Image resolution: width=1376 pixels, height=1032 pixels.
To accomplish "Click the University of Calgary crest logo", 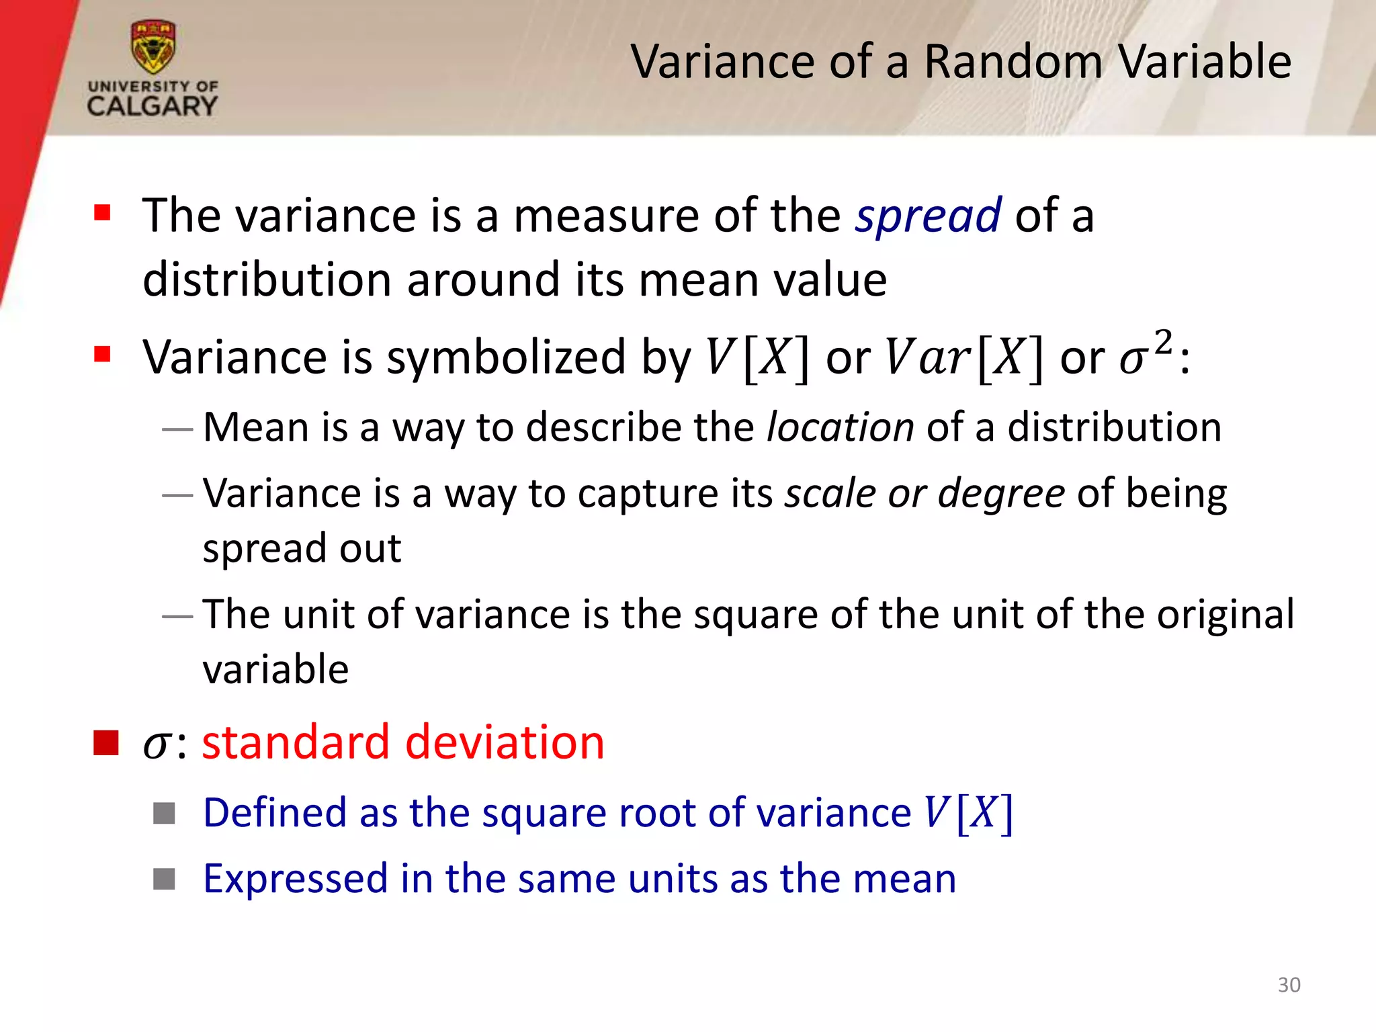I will tap(153, 47).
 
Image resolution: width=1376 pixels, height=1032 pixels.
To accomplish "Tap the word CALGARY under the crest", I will tap(153, 106).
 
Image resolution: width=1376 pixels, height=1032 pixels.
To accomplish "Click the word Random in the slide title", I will tap(1013, 62).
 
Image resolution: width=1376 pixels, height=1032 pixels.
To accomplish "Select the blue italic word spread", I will tap(929, 216).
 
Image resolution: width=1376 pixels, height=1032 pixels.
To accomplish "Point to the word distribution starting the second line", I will tap(267, 279).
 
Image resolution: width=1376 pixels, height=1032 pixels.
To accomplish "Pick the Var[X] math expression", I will tap(964, 357).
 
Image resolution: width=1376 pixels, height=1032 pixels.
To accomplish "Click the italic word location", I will tap(841, 427).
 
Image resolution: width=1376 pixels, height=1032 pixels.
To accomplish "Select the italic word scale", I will tap(830, 493).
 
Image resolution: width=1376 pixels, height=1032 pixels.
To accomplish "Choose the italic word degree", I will tap(1001, 494).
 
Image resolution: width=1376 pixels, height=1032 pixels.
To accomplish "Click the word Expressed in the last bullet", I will tap(296, 879).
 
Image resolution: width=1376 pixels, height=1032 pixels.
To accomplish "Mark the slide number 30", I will tap(1289, 985).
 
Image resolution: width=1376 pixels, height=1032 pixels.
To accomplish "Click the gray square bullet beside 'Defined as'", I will tap(164, 813).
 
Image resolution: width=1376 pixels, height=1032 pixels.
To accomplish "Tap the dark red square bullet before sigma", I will tap(106, 743).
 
